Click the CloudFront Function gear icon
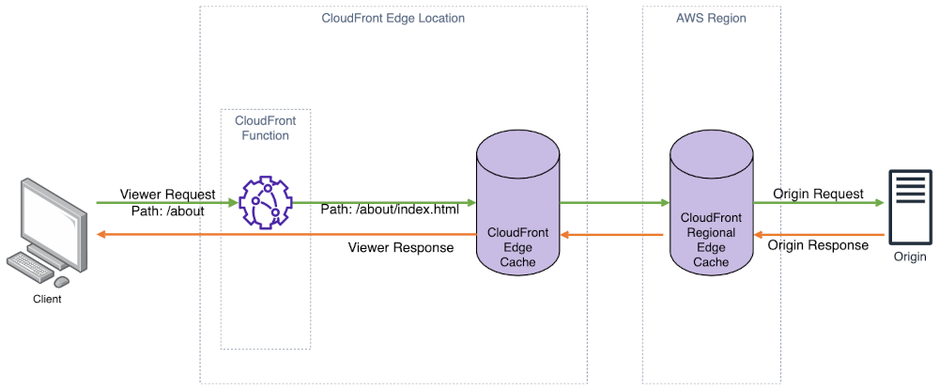[x=266, y=203]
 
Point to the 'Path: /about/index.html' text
[x=390, y=210]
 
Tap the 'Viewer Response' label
[x=401, y=248]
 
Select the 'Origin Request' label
[x=818, y=194]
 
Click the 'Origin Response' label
[x=818, y=245]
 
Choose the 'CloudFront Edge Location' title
[x=393, y=18]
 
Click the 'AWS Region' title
[x=710, y=18]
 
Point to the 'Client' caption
[x=47, y=300]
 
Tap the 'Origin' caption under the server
[x=910, y=257]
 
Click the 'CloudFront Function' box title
[x=266, y=128]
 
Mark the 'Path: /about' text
[x=168, y=211]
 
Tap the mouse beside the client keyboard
[x=61, y=281]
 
